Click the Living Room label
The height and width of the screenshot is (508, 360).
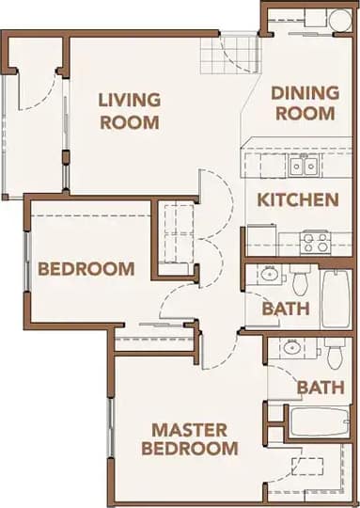(x=130, y=110)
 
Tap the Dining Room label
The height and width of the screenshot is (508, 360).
(x=303, y=103)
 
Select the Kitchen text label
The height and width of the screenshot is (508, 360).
(x=298, y=199)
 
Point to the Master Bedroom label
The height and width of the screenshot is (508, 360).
(x=189, y=439)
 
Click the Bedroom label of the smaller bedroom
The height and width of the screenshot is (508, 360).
(x=86, y=269)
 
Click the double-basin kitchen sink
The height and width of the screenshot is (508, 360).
(x=302, y=167)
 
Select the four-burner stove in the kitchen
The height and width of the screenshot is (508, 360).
(x=314, y=242)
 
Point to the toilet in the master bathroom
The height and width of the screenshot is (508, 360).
(x=336, y=354)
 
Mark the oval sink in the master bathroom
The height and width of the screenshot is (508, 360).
(x=291, y=348)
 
